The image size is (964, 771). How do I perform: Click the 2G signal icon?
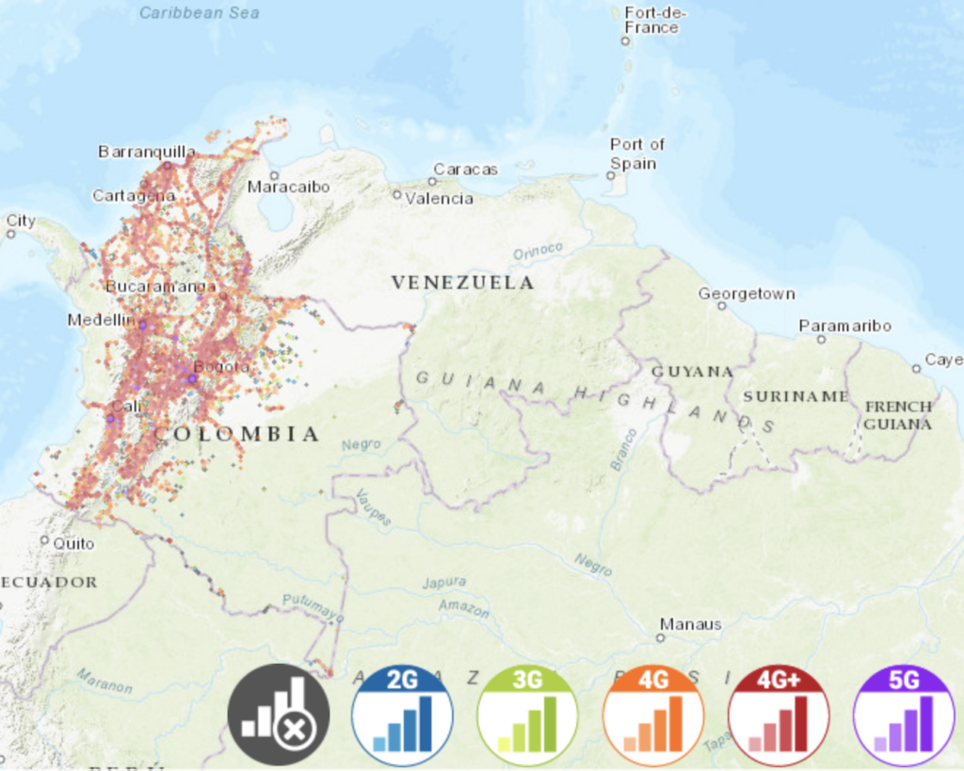coord(402,715)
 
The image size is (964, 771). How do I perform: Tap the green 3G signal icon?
coord(527,715)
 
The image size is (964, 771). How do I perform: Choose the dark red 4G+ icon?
coord(779,715)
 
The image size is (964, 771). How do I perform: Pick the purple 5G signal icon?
coord(904,715)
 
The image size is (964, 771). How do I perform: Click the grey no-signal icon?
coord(279,715)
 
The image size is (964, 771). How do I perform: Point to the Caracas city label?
coord(465,169)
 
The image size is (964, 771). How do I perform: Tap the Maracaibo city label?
coord(288,187)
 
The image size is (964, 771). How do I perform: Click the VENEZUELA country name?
coord(462,282)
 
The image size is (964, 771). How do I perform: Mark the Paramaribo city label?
coord(844,326)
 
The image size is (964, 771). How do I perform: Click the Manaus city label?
coord(690,624)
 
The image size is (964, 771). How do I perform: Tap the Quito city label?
coord(73,543)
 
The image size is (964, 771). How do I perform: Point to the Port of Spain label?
coord(636,153)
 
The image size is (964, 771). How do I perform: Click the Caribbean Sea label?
coord(199,13)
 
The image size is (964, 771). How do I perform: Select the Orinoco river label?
coord(538,251)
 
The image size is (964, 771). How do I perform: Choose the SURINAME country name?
coord(795,396)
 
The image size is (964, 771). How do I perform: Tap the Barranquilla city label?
coord(147,152)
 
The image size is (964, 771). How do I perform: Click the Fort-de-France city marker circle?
coord(625,40)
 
